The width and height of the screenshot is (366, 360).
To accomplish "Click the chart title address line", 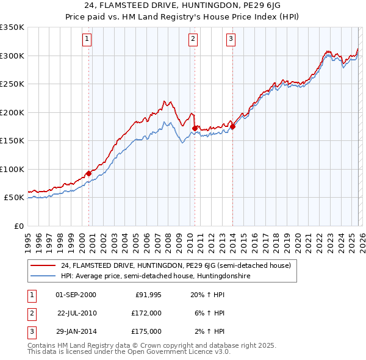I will pos(183,6).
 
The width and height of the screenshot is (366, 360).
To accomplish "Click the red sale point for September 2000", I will pos(88,173).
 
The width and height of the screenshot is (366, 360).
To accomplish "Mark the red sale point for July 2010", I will pos(195,128).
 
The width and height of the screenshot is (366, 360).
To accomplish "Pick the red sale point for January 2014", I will pos(233,126).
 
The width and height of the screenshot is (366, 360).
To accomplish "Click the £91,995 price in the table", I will pos(148,294).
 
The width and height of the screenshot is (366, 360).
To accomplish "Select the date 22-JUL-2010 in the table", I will pos(77,312).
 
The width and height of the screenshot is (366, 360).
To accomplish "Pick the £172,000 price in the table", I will pos(147,312).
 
